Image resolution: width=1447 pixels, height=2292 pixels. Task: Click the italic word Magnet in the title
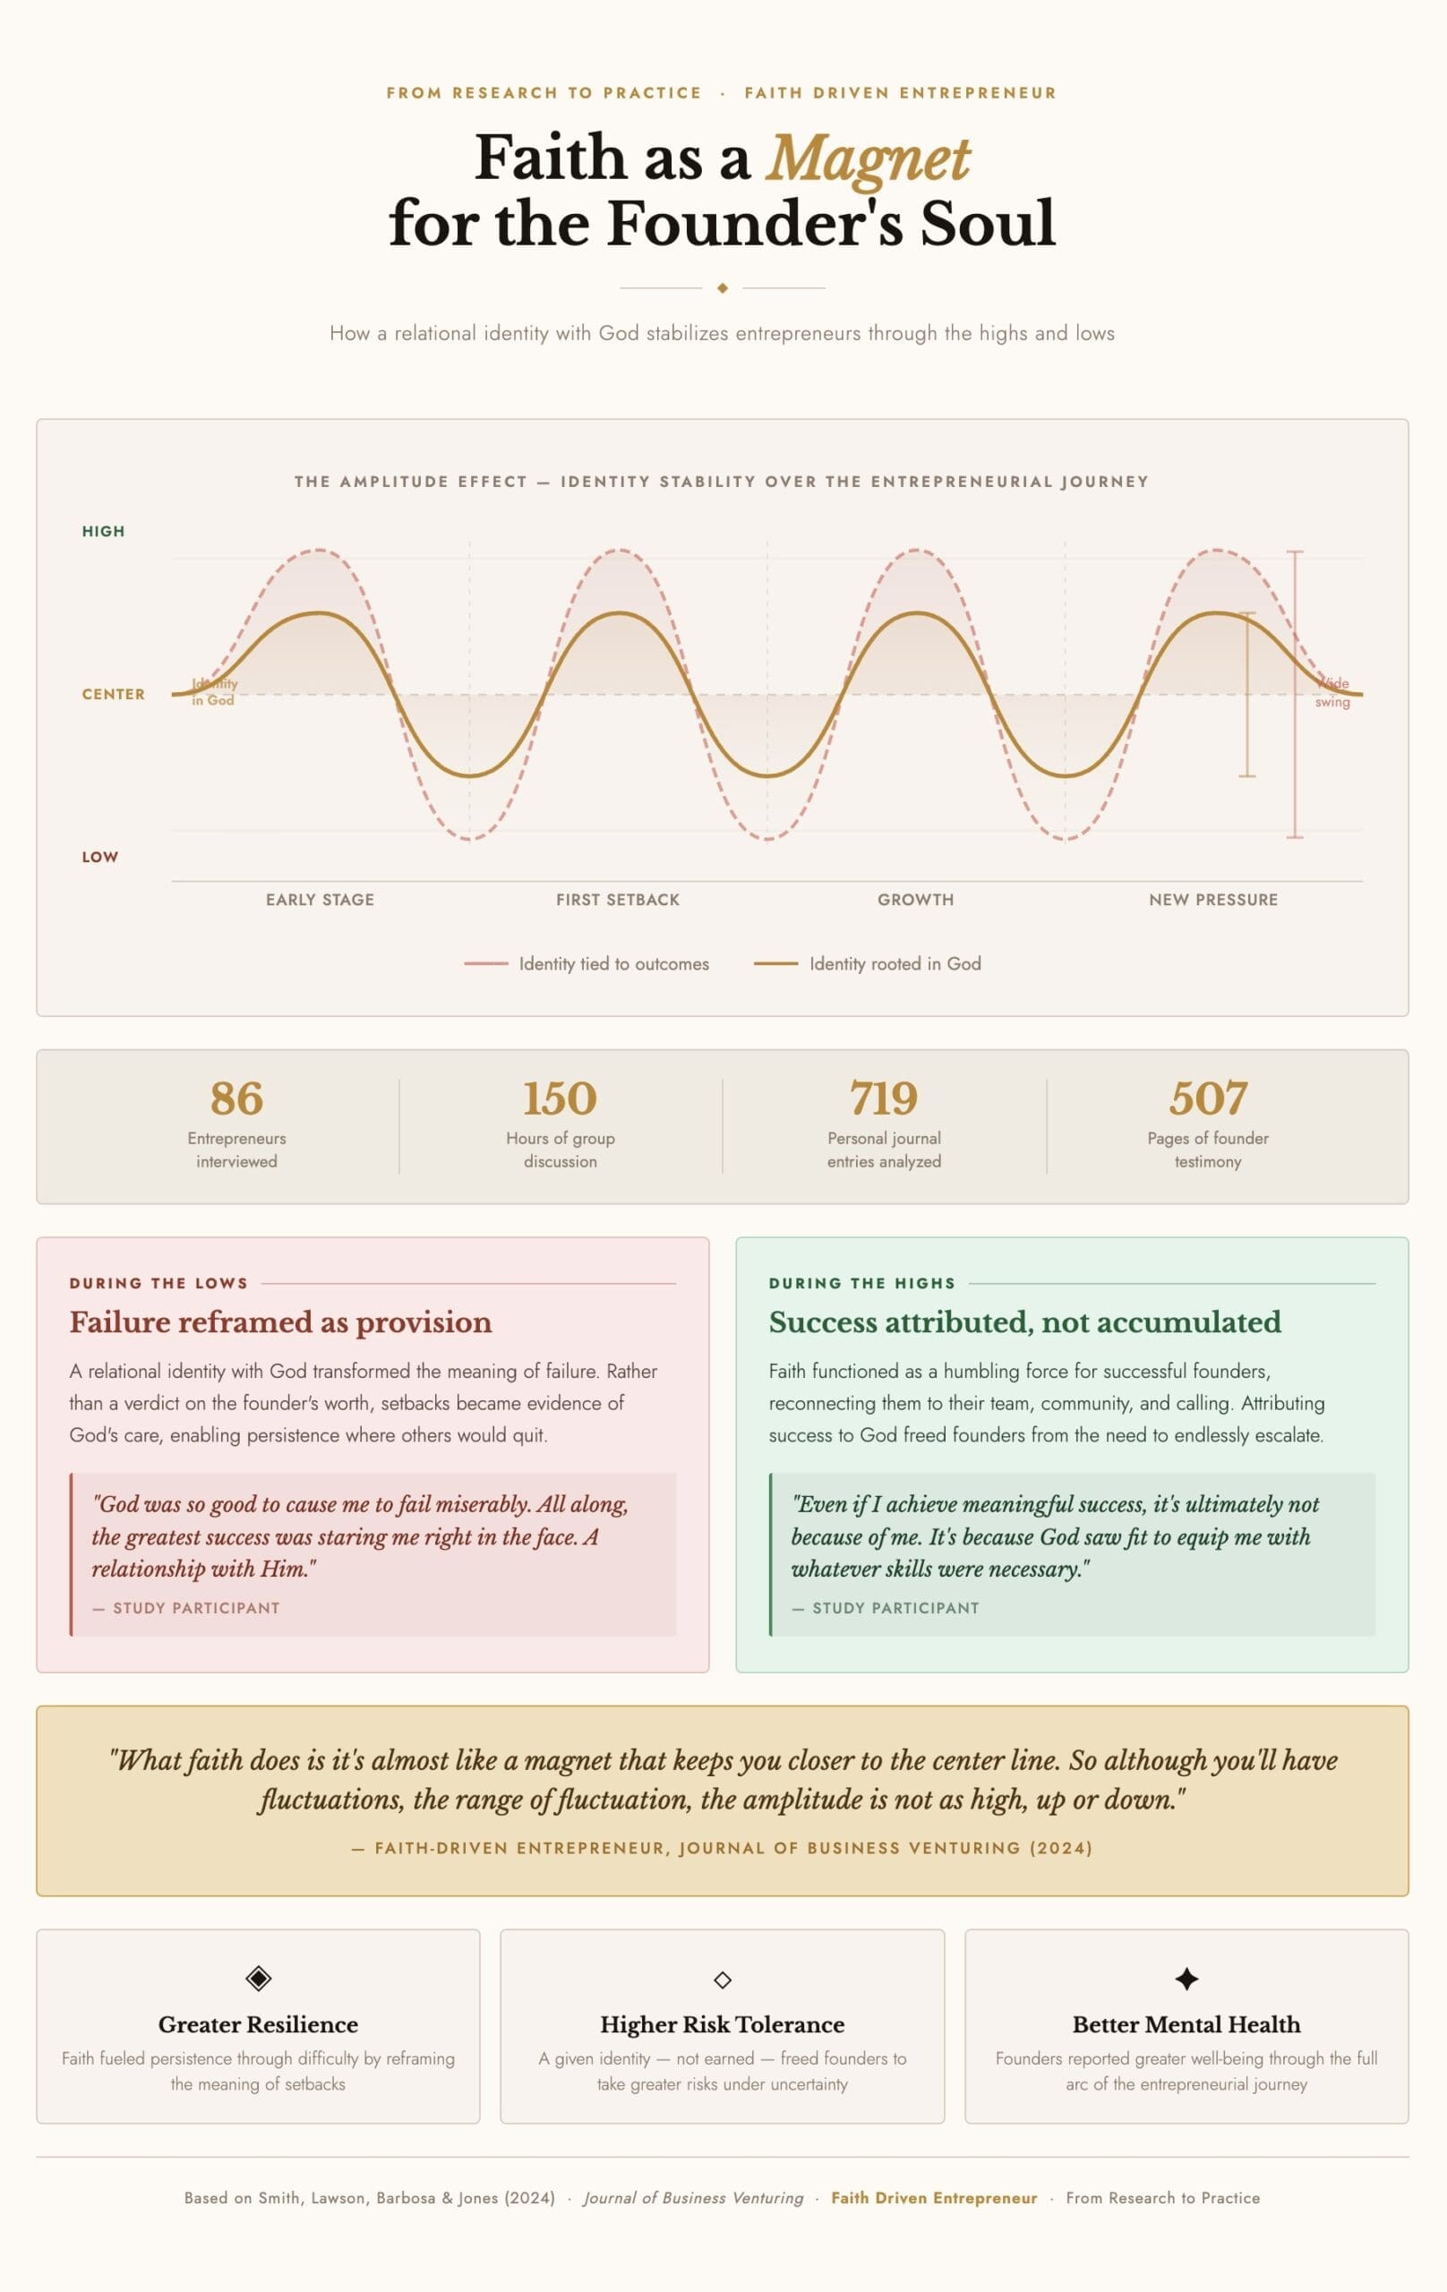coord(868,158)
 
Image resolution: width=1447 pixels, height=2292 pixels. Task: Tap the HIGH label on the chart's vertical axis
coord(103,531)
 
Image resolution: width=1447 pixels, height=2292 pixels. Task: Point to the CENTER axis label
coord(114,694)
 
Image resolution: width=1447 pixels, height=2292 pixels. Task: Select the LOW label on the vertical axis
coord(100,857)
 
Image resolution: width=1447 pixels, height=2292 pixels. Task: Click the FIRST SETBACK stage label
coord(618,900)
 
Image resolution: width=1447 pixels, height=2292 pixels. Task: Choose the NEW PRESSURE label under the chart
coord(1212,900)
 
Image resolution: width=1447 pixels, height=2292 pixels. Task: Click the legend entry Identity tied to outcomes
coord(613,963)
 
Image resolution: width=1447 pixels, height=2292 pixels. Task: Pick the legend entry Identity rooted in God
coord(894,963)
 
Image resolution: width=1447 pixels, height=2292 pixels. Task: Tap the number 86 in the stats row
coord(236,1099)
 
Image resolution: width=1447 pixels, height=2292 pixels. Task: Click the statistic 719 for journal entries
coord(884,1099)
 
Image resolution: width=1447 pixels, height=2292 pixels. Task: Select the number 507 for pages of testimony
coord(1207,1099)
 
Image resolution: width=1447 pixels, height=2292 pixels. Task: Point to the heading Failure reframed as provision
coord(281,1322)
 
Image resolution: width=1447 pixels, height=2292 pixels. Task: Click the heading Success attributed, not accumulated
coord(1024,1322)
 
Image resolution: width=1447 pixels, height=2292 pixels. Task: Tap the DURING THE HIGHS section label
coord(861,1283)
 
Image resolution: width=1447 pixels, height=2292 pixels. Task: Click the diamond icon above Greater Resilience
coord(258,1979)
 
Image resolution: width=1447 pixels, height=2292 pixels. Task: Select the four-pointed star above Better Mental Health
coord(1186,1979)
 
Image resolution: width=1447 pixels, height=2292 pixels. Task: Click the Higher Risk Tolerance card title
coord(722,2024)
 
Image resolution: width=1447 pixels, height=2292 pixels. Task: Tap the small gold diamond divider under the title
coord(723,287)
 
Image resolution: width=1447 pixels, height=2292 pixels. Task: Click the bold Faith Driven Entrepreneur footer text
coord(934,2198)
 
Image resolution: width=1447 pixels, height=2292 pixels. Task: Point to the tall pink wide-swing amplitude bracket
coord(1295,695)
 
